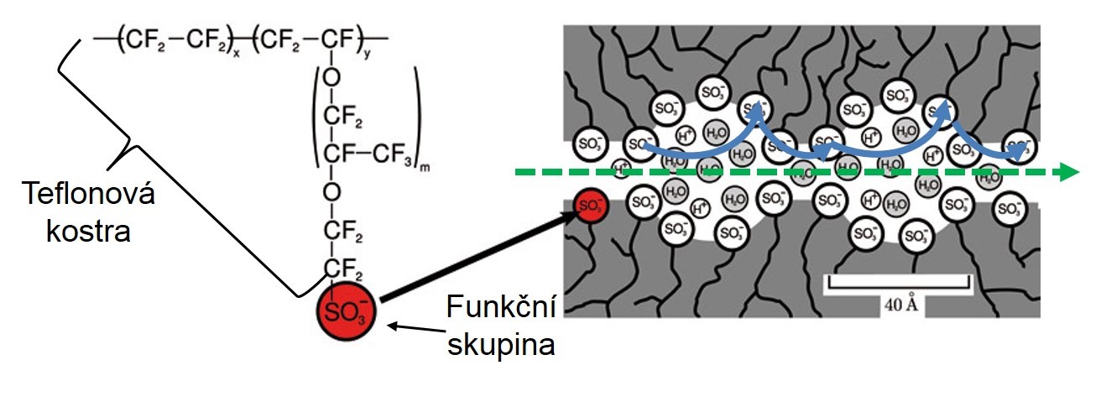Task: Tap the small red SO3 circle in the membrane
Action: (x=591, y=206)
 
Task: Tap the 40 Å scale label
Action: (x=899, y=304)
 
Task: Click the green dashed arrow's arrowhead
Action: (x=1067, y=173)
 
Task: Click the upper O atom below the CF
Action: (x=331, y=78)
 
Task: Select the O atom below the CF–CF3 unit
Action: (x=331, y=192)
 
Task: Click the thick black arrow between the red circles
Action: (x=473, y=256)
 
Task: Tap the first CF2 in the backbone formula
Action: (x=142, y=41)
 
